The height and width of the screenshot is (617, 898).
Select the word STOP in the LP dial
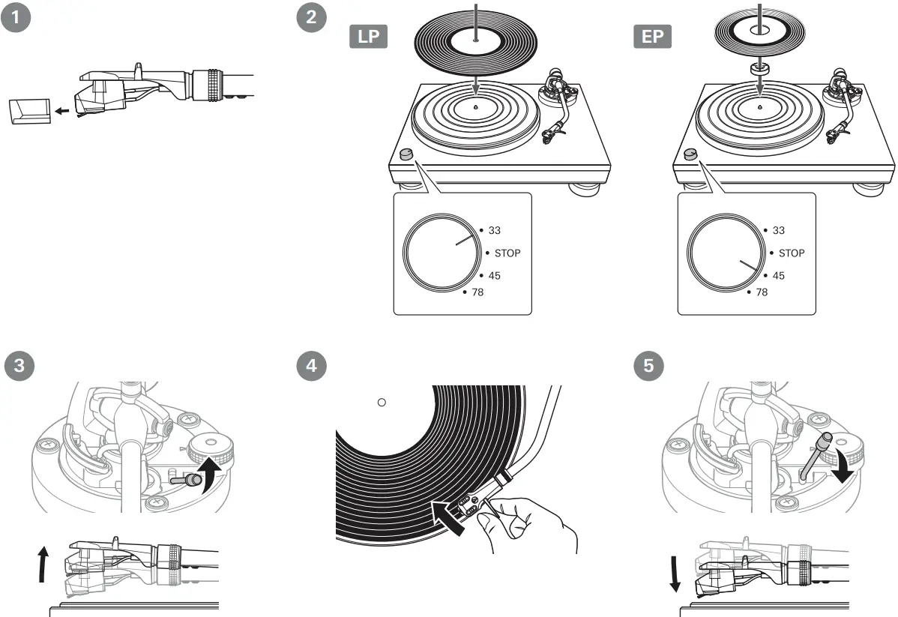pos(507,253)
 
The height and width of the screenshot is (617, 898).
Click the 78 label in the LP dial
pos(477,292)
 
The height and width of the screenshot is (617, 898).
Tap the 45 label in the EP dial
pos(778,276)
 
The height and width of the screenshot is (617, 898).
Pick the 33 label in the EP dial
pos(778,231)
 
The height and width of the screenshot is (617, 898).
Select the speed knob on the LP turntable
pos(406,154)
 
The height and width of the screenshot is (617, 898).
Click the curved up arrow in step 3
pos(211,478)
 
